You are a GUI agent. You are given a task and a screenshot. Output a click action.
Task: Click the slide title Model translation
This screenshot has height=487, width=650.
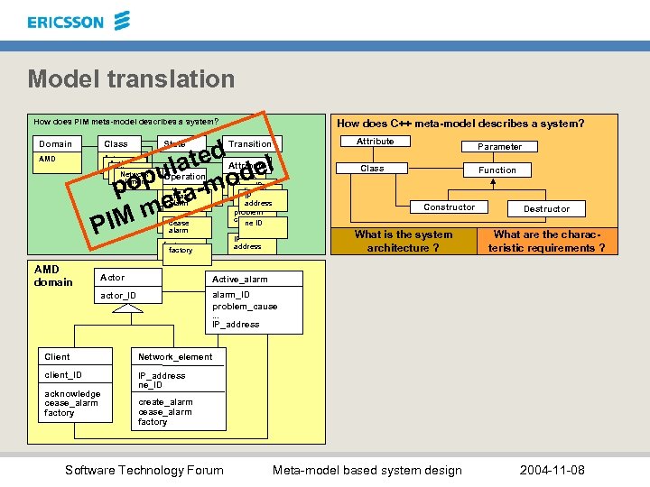[x=131, y=78]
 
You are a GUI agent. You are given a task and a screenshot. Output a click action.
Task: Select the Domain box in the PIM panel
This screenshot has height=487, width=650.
[x=56, y=143]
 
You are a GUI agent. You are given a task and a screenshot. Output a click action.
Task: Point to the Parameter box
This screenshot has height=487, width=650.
[x=499, y=146]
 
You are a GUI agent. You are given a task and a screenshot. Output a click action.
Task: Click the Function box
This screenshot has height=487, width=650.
[x=497, y=170]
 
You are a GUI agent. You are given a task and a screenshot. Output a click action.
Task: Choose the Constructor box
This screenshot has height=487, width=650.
[x=449, y=207]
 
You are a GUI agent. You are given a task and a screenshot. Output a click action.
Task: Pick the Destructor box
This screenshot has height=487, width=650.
[x=546, y=208]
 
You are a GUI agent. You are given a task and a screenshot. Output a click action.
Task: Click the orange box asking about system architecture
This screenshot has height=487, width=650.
[x=404, y=241]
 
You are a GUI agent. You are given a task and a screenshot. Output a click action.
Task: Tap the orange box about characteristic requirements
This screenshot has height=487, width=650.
[x=546, y=241]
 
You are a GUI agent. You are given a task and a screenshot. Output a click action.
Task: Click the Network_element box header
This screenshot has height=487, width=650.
[x=175, y=356]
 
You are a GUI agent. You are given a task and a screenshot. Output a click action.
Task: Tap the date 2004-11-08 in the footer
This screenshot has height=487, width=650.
[x=552, y=470]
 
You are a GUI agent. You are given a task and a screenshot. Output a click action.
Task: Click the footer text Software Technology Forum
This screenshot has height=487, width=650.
[x=144, y=470]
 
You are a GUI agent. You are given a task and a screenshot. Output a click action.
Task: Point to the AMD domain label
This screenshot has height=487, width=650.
[x=53, y=276]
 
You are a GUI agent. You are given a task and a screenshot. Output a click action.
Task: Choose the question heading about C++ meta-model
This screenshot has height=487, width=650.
[x=460, y=124]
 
